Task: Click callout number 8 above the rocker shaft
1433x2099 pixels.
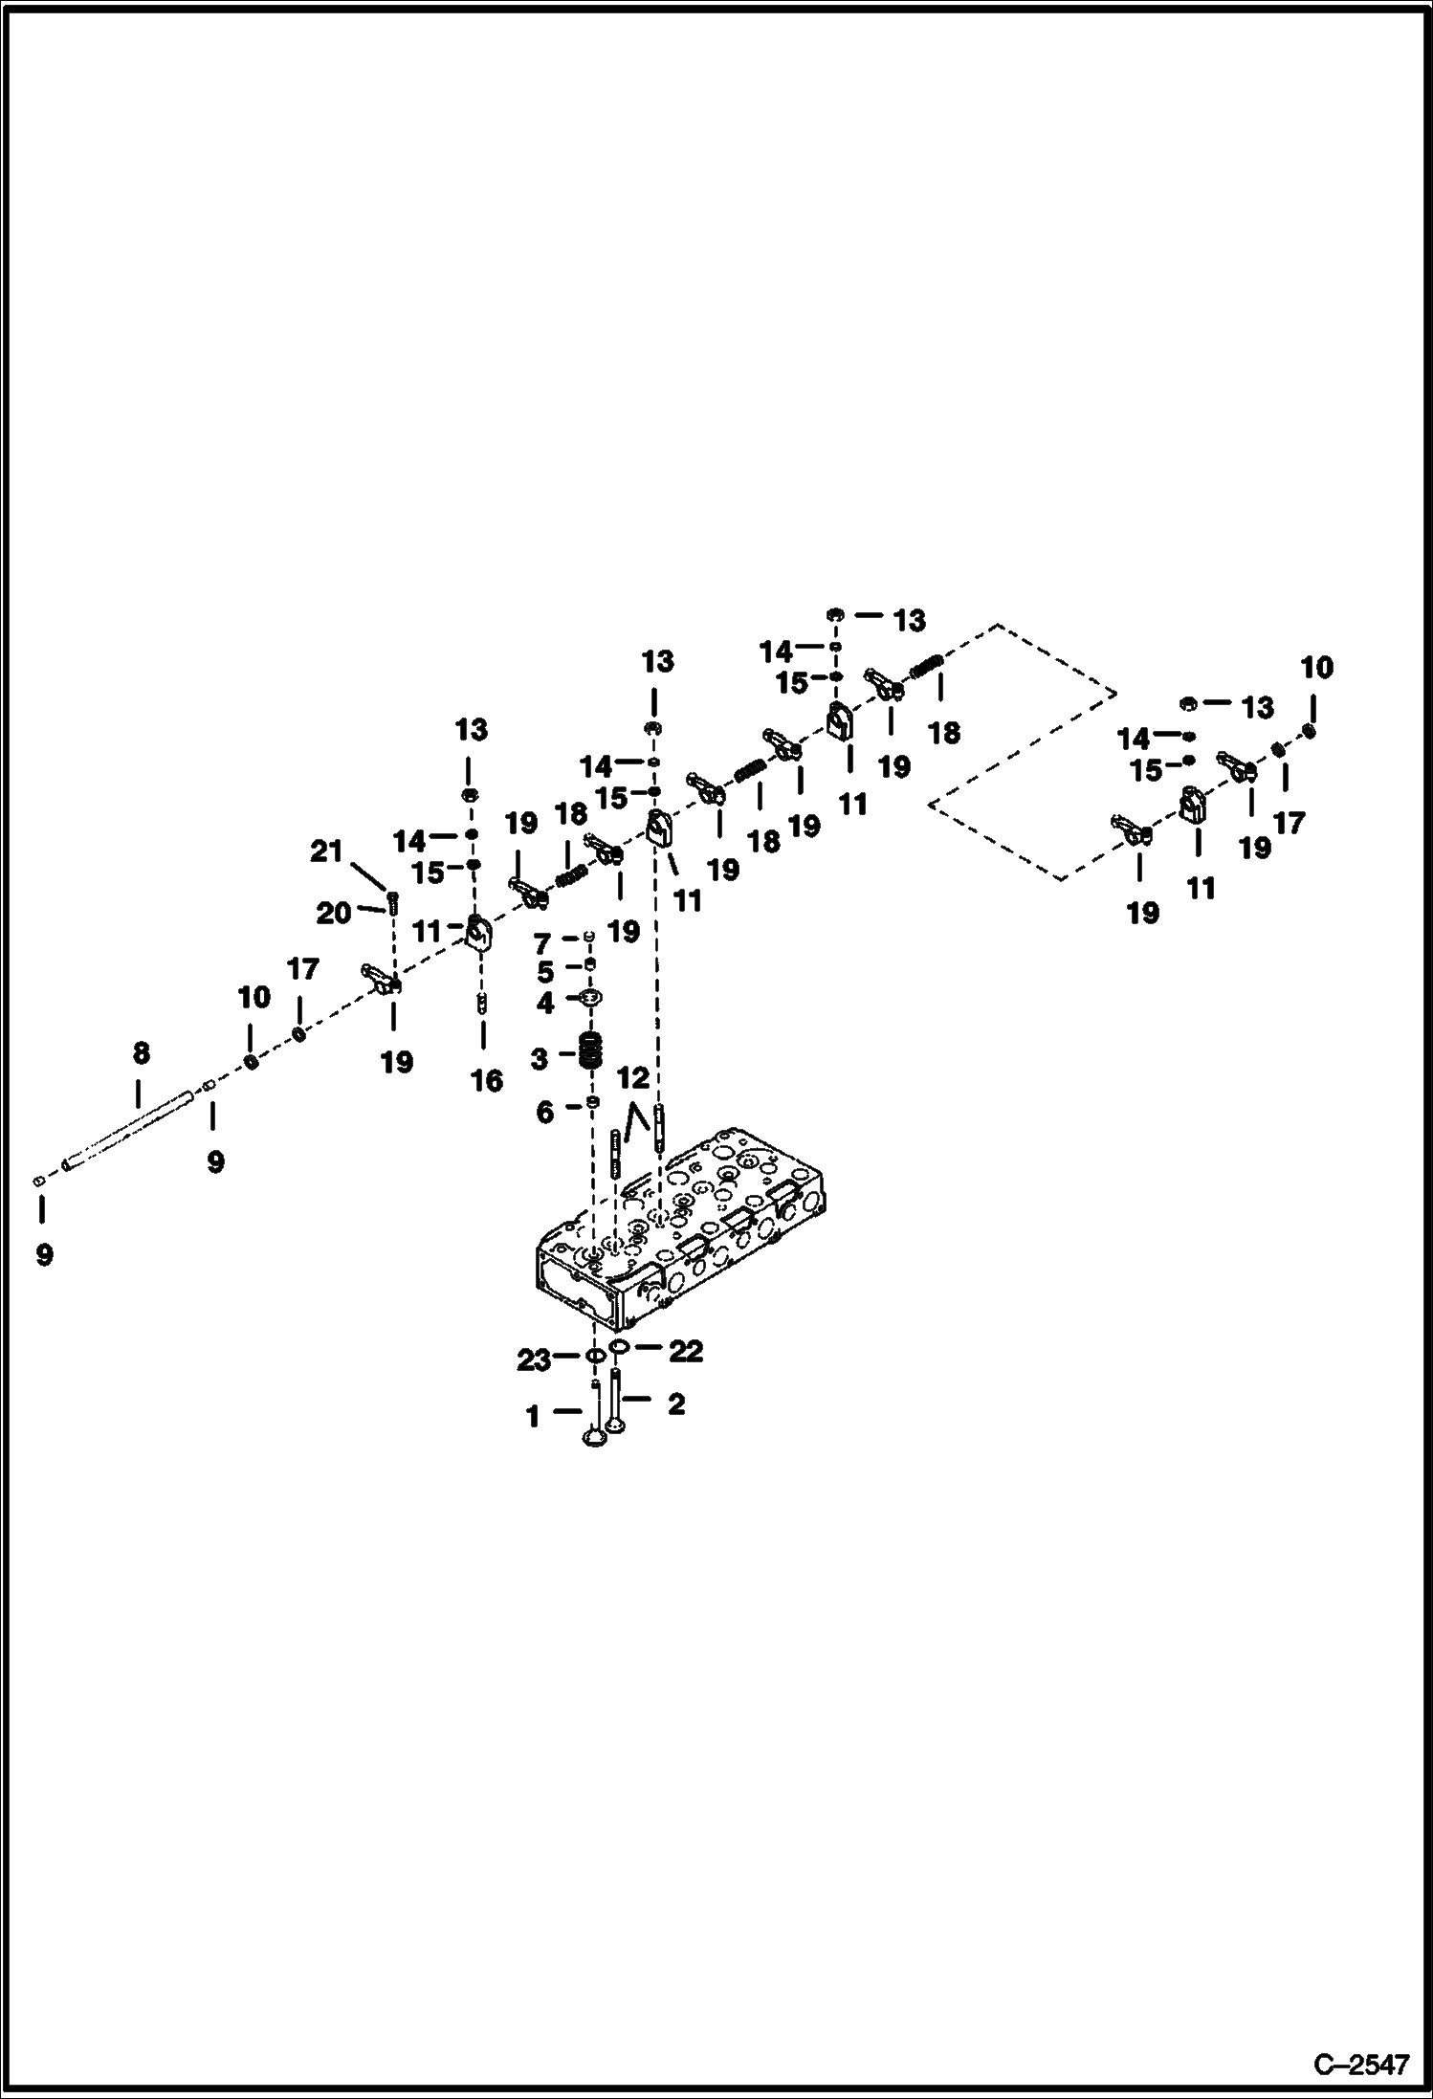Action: coord(141,1053)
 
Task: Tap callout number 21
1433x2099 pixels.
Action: coord(326,850)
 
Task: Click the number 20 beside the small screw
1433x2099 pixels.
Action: coord(333,914)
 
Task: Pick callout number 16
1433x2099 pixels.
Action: coord(486,1081)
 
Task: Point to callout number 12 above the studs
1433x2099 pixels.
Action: coord(632,1078)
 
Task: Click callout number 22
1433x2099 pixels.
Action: coord(685,1350)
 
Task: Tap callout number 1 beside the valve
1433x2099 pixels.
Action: coord(533,1416)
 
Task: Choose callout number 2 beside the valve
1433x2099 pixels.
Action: coord(675,1403)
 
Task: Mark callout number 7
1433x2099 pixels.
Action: coord(541,945)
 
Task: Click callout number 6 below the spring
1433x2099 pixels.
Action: coord(543,1112)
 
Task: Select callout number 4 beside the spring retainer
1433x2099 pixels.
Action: coord(544,1004)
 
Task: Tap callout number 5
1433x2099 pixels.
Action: coord(544,972)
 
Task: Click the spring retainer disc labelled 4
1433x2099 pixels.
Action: coord(592,999)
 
